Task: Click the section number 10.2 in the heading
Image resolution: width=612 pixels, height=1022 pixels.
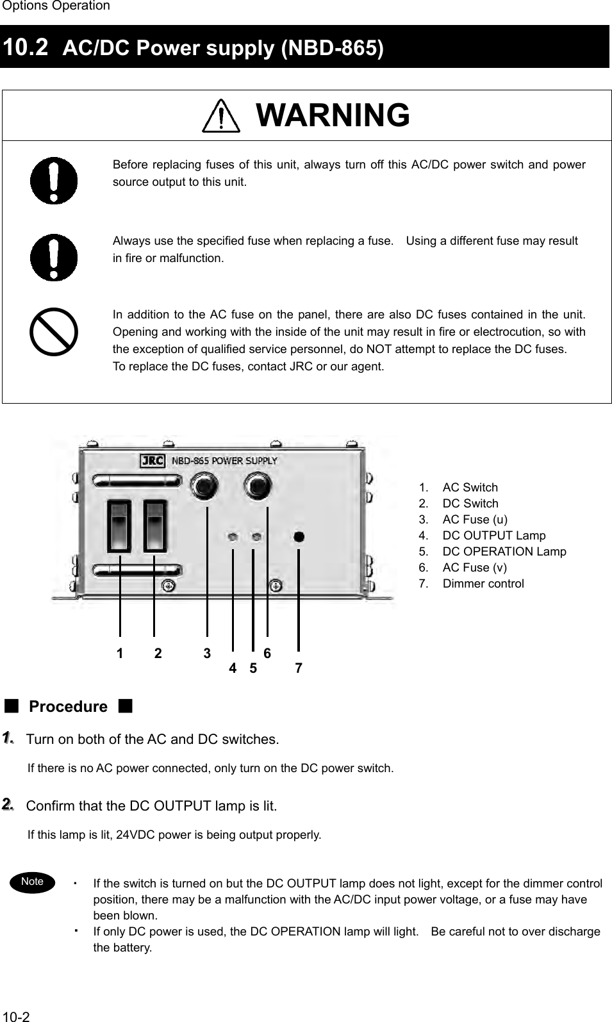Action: [x=25, y=46]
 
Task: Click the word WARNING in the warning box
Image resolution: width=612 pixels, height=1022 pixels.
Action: [x=333, y=115]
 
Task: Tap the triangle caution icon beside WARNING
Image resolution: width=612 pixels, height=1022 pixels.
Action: [x=221, y=118]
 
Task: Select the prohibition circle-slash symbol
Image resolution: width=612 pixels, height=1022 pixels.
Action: [x=54, y=332]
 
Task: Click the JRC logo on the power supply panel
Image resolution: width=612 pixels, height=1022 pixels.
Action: [x=153, y=461]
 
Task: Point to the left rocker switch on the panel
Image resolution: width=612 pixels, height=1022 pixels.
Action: [x=120, y=525]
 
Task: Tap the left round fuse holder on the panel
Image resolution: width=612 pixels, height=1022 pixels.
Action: [x=203, y=486]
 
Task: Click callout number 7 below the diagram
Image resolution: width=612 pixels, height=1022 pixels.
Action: [x=299, y=668]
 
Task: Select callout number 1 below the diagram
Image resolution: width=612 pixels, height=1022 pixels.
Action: [x=120, y=654]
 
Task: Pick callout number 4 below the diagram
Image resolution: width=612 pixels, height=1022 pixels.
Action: [x=233, y=668]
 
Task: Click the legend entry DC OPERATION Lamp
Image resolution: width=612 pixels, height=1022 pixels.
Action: [x=504, y=552]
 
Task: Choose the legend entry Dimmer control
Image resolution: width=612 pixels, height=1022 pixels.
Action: [x=483, y=584]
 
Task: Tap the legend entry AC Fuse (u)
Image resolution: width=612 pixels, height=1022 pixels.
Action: [x=475, y=520]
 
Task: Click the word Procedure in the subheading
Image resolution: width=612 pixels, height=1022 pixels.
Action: [x=69, y=707]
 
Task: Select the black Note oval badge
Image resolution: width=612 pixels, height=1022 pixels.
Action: [x=32, y=882]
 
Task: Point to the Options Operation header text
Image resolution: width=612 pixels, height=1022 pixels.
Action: [x=56, y=6]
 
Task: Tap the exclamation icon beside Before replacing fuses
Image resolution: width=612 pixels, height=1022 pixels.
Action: [x=54, y=181]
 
